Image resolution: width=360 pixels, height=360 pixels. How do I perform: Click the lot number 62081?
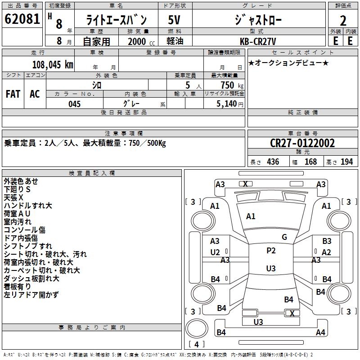(x=22, y=19)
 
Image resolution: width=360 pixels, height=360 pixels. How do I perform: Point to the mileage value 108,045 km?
(x=52, y=64)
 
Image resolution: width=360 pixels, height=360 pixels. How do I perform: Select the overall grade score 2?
(x=343, y=21)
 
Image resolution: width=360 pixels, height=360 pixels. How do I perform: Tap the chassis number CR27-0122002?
(x=302, y=143)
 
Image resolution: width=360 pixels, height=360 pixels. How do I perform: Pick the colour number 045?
(x=75, y=104)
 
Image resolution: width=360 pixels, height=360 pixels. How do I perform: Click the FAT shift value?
(x=13, y=94)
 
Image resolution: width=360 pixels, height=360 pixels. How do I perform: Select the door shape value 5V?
(x=175, y=20)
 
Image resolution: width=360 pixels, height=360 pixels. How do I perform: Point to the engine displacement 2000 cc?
(x=139, y=41)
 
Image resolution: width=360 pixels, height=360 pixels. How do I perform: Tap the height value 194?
(x=346, y=162)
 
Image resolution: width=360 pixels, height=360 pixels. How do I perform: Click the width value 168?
(x=310, y=162)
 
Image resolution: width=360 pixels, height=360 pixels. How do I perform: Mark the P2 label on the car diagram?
(x=271, y=251)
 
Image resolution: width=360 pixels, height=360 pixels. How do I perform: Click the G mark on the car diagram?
(x=284, y=237)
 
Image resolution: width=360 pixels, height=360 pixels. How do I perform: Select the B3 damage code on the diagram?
(x=327, y=241)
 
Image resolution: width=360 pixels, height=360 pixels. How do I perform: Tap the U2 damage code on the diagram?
(x=215, y=252)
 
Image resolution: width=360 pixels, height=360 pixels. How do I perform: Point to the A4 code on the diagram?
(x=320, y=333)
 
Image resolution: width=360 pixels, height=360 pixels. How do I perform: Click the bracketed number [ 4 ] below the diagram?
(x=197, y=344)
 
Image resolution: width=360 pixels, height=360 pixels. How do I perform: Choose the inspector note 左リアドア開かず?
(x=31, y=295)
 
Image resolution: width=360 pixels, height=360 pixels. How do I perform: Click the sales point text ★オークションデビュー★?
(x=288, y=63)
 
